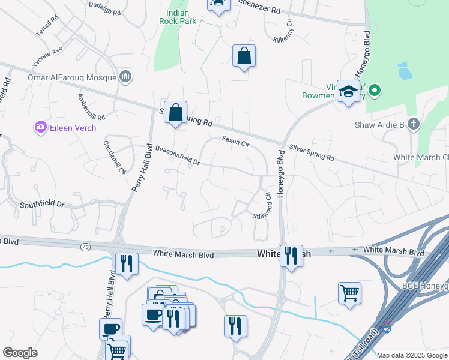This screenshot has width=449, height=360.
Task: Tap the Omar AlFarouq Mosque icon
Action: [x=126, y=76]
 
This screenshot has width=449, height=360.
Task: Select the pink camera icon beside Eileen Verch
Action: [x=40, y=127]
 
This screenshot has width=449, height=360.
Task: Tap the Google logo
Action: [x=20, y=353]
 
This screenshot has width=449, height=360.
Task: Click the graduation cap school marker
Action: [x=348, y=91]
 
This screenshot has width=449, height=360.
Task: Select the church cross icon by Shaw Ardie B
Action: [x=412, y=125]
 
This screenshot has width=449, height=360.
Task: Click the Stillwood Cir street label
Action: [x=263, y=206]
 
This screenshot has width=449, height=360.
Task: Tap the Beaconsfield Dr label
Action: [x=177, y=155]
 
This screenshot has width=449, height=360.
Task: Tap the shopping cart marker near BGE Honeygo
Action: [x=349, y=293]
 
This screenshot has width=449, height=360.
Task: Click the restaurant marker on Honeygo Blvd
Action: [x=291, y=256]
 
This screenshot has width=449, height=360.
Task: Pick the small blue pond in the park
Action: [x=405, y=73]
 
